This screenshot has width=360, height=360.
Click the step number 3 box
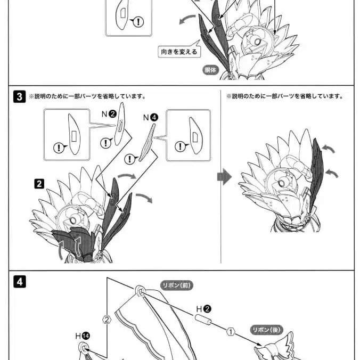coord(19,97)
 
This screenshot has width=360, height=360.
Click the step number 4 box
coord(19,282)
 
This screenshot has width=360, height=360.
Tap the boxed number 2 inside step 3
coord(39,184)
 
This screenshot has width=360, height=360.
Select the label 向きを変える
coord(179,52)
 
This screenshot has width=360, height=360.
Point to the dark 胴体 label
coord(211,70)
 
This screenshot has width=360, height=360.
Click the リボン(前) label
coord(176,285)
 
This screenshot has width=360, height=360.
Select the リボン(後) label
coord(266,330)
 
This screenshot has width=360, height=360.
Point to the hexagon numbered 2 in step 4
coord(107,320)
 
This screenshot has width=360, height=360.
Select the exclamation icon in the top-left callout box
coord(139,22)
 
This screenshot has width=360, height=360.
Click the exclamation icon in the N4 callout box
coord(181,146)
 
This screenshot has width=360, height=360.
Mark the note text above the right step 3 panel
coord(284,97)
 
